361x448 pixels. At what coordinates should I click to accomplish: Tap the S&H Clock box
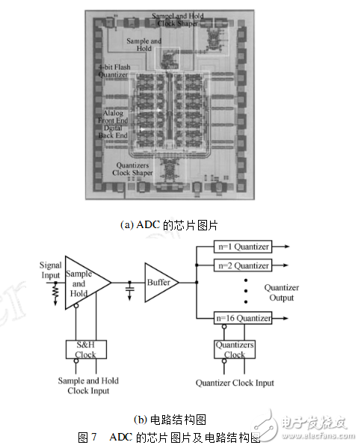pyautogui.click(x=85, y=349)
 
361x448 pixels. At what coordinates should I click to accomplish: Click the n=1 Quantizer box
pyautogui.click(x=242, y=246)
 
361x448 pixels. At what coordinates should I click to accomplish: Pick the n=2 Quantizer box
pyautogui.click(x=242, y=265)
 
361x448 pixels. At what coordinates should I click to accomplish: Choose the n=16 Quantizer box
pyautogui.click(x=242, y=319)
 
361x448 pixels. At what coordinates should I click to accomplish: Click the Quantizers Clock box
pyautogui.click(x=235, y=349)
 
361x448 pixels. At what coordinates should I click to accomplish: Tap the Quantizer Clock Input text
pyautogui.click(x=235, y=383)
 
